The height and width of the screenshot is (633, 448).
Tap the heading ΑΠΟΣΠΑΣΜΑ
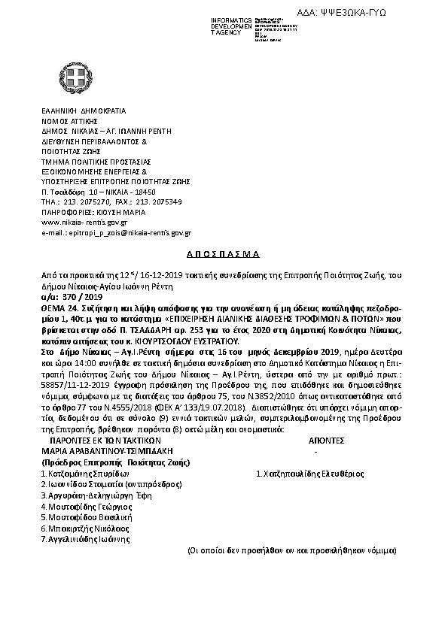223,254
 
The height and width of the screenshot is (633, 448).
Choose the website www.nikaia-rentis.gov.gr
84,223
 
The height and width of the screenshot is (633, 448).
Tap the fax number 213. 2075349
159,202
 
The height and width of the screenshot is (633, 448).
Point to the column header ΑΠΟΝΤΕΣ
326,441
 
